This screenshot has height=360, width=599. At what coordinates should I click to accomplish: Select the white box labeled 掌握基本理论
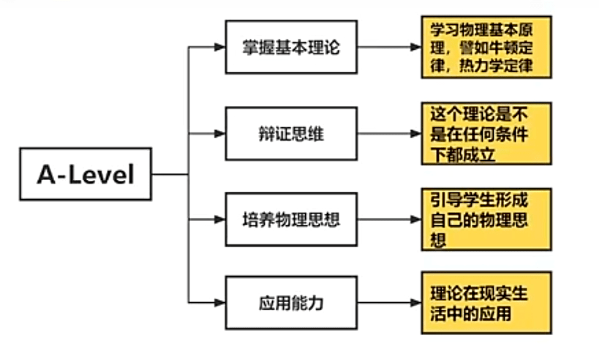291,48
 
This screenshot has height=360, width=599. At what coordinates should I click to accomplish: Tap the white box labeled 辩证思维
291,133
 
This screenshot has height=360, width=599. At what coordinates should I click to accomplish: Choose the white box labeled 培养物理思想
291,219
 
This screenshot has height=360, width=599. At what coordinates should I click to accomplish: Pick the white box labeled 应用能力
291,301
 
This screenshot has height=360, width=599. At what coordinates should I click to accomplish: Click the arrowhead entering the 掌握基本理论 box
219,48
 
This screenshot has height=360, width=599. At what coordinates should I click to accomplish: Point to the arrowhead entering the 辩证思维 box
219,133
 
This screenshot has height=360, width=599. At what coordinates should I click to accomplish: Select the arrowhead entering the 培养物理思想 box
219,219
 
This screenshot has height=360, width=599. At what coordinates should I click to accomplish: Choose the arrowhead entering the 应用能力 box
219,301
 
